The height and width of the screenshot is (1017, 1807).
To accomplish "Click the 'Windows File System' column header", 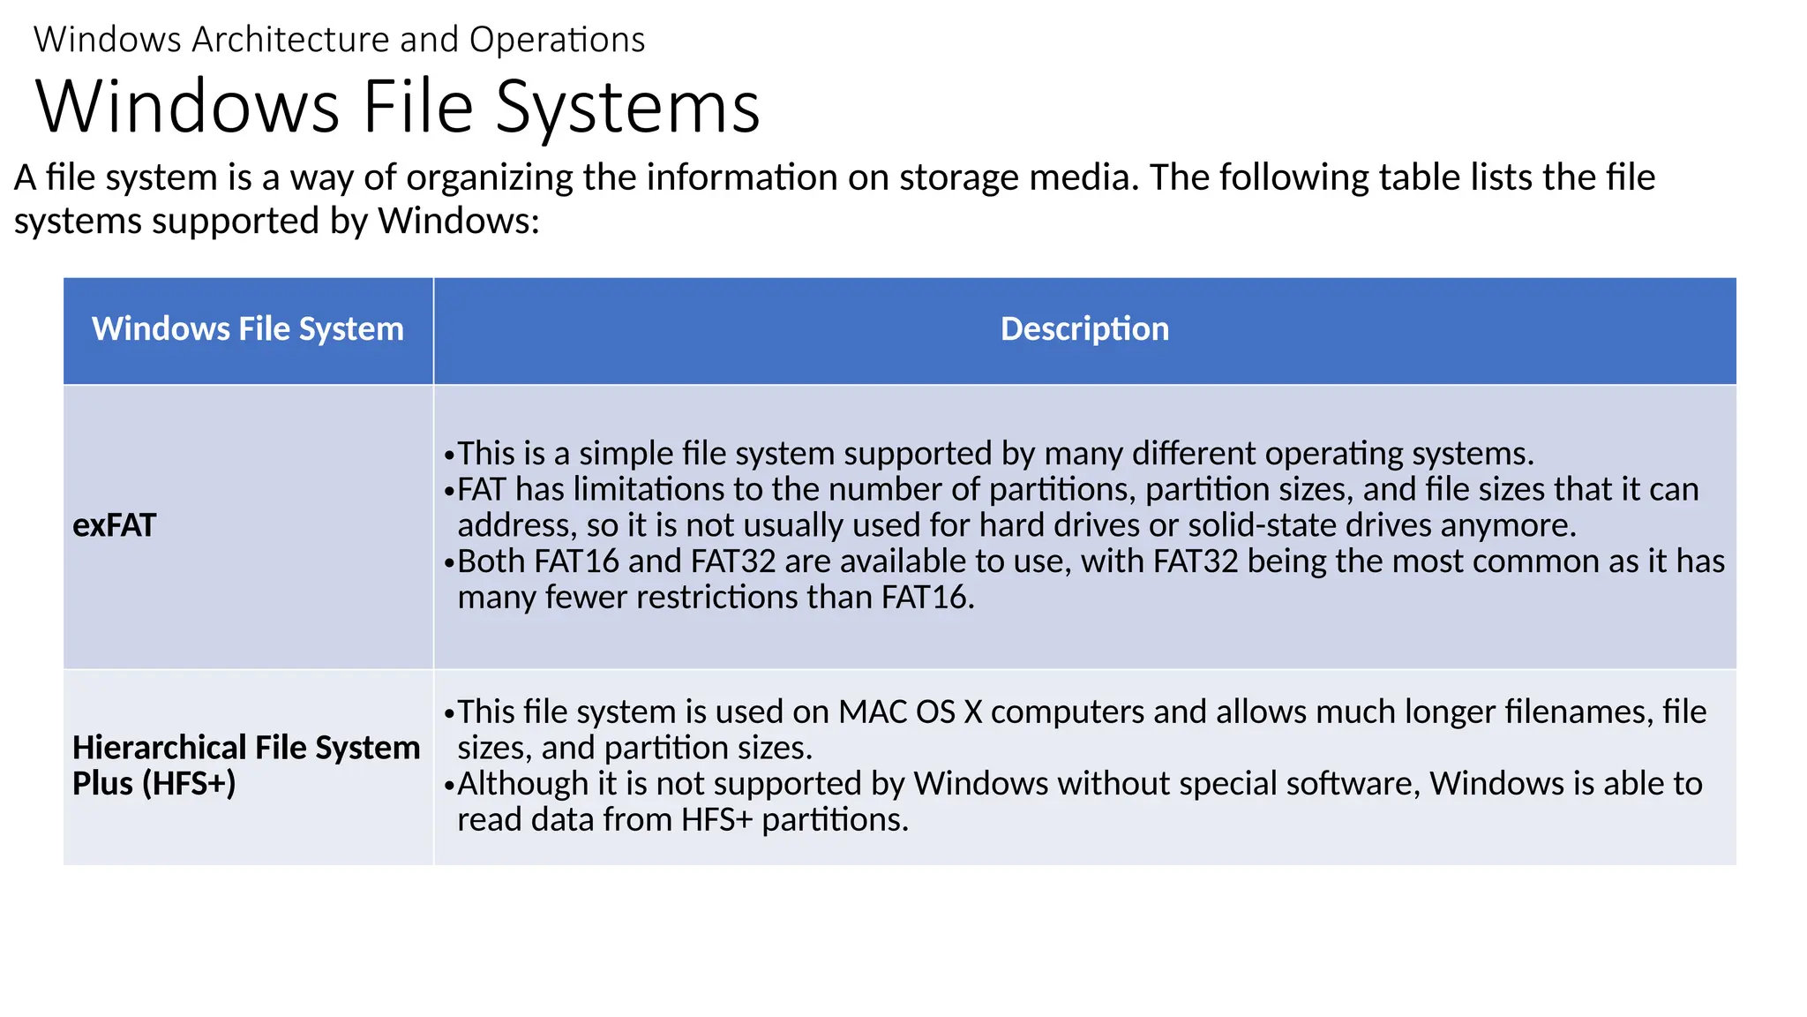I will coord(247,329).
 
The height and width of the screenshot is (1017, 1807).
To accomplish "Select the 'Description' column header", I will coord(1084,329).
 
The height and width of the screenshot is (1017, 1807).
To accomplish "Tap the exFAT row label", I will coord(114,526).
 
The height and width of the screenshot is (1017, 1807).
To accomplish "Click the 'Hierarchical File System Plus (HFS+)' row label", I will coord(245,765).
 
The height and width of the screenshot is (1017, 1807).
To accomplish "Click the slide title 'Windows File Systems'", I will coord(397,107).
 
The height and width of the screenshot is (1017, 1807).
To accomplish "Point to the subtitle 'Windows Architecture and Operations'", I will coord(339,41).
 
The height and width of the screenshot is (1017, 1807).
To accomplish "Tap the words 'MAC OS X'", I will coord(910,712).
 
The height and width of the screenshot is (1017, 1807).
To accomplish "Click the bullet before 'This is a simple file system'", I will coord(449,456).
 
